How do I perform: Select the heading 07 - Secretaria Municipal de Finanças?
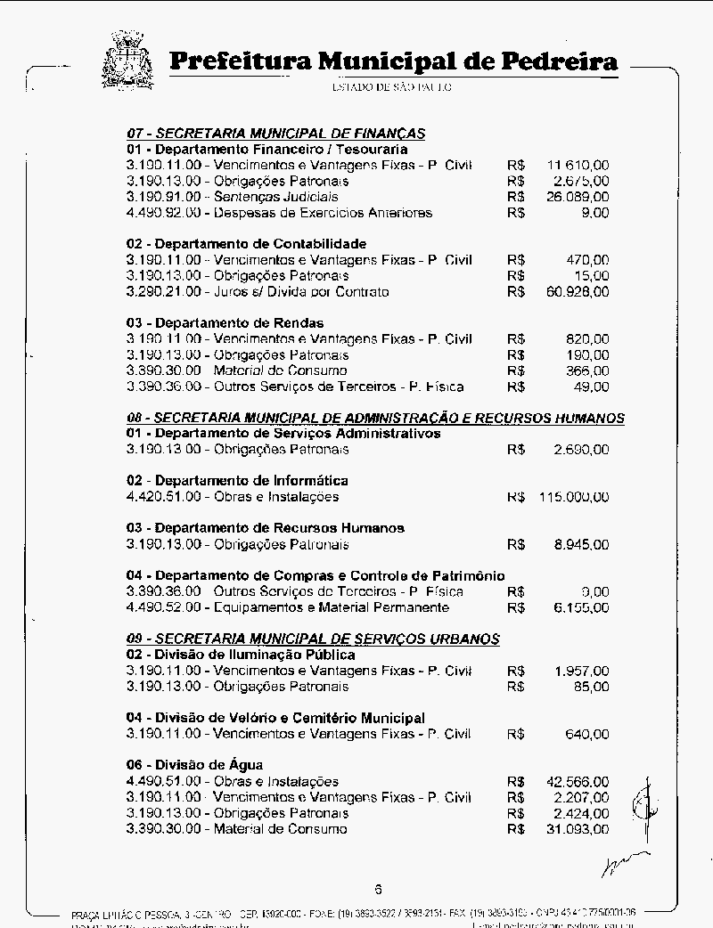[x=275, y=134]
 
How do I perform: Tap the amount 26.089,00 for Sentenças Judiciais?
[x=578, y=197]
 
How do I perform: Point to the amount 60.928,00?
[x=578, y=291]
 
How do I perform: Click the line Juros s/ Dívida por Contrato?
[x=258, y=291]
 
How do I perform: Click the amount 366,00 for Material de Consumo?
[x=587, y=370]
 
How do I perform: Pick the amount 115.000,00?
[x=574, y=497]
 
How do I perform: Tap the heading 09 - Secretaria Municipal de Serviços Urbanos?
[x=313, y=639]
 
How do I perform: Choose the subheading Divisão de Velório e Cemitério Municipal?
[x=275, y=718]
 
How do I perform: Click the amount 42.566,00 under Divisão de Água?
[x=578, y=782]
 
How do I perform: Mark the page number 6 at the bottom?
[x=378, y=889]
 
